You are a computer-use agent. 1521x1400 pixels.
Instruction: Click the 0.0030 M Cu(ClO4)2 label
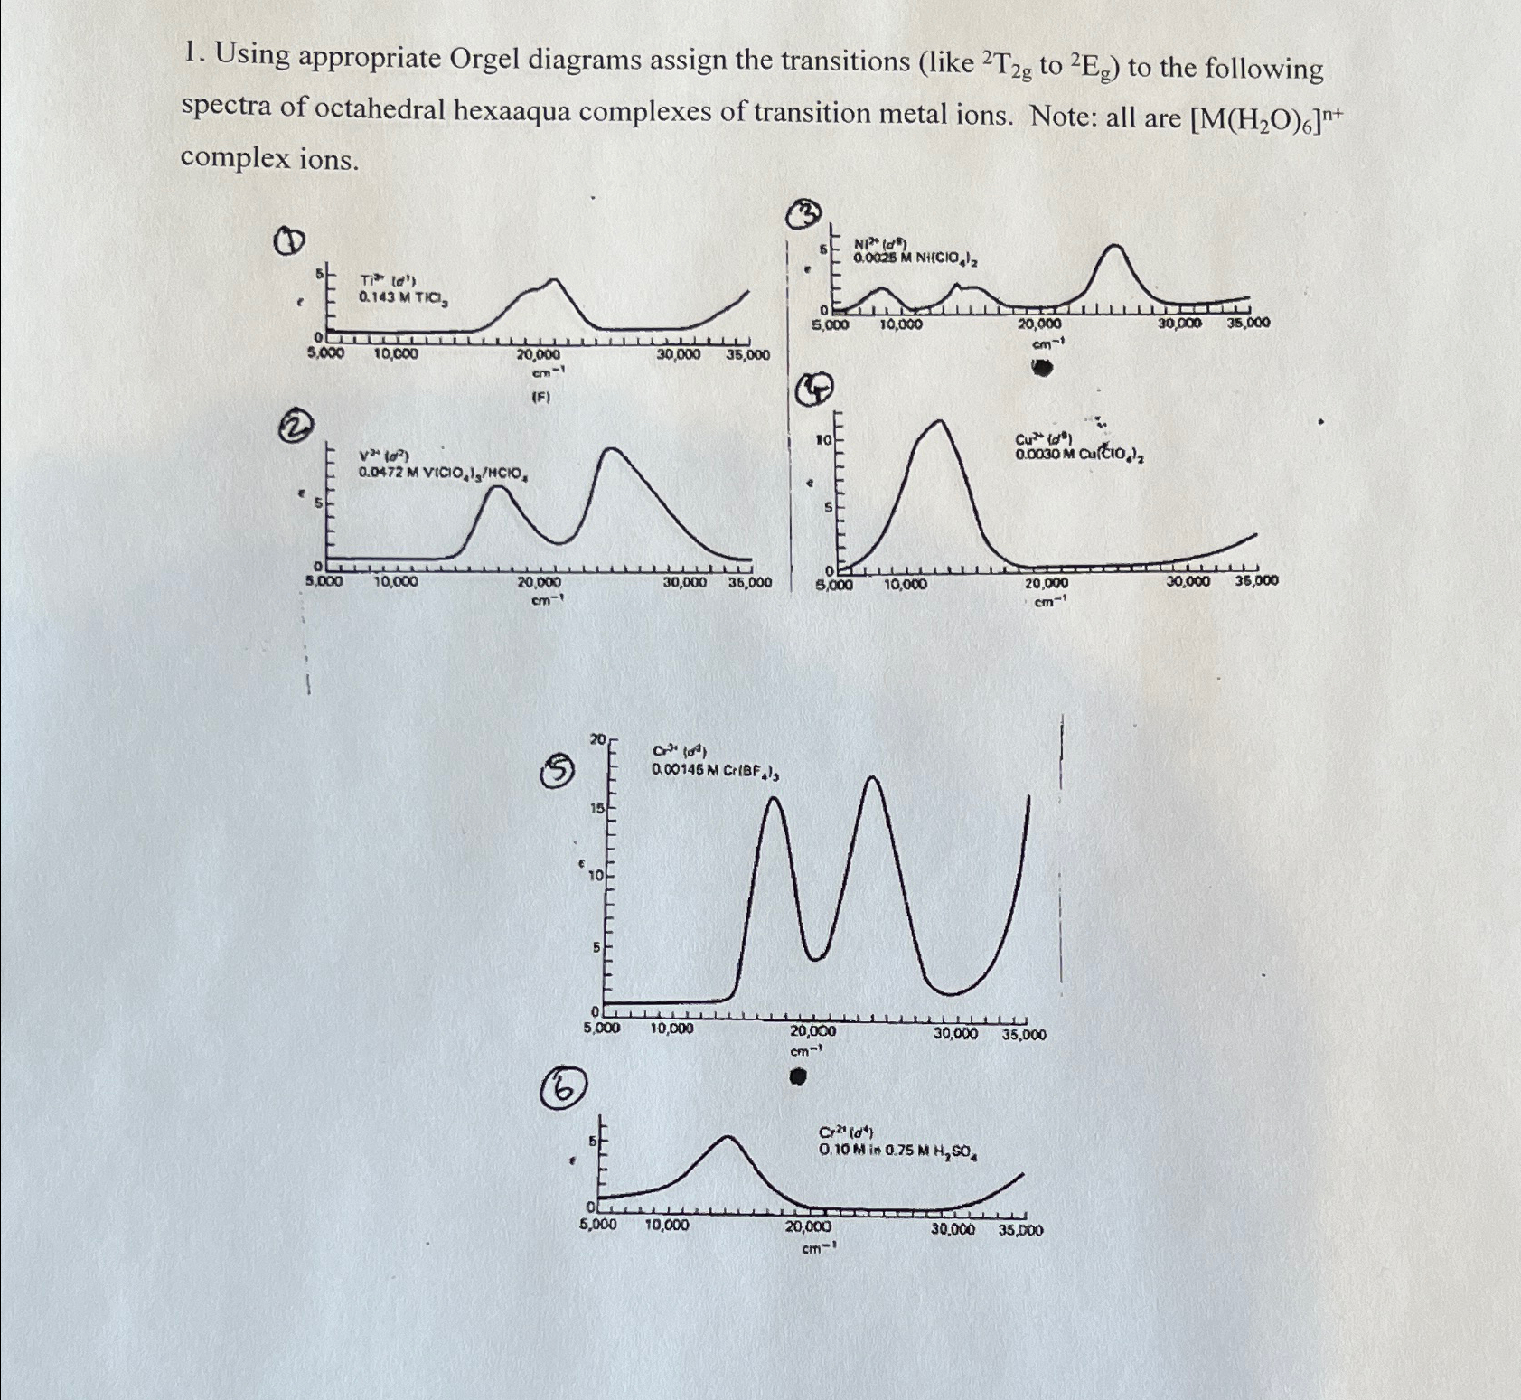tap(1080, 456)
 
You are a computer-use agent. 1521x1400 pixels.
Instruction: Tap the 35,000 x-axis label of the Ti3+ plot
tap(747, 355)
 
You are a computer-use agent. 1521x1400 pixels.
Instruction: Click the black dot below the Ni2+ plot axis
tap(1044, 368)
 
